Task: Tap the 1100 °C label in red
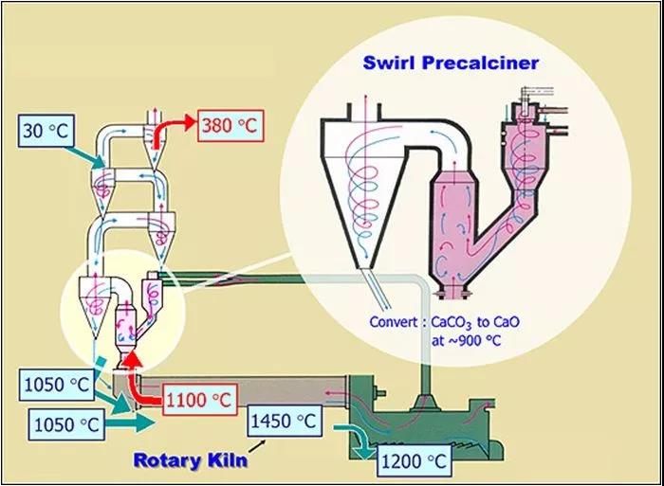click(199, 401)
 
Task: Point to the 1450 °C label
click(284, 421)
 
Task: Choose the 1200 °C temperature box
click(415, 463)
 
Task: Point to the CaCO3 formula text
click(453, 322)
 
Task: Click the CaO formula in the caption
click(505, 321)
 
